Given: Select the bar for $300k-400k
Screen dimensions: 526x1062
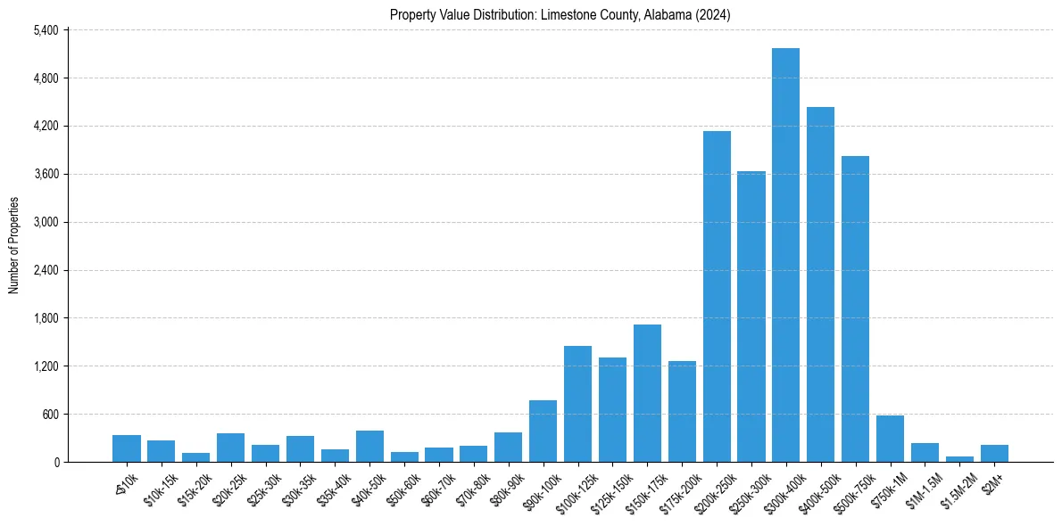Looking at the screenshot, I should [785, 255].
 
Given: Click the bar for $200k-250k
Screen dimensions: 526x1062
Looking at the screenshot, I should [717, 297].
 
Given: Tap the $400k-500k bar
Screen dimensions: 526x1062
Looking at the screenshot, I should [820, 284].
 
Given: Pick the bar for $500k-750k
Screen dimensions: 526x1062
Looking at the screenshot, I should [855, 308].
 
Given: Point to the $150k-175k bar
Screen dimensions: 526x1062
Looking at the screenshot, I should [647, 393].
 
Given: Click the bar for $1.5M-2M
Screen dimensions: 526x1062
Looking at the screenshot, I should [959, 459].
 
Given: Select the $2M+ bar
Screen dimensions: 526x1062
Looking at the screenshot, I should [994, 453].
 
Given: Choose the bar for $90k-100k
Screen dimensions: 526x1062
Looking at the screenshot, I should [543, 431].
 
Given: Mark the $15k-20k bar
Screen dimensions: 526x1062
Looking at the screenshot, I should [195, 457].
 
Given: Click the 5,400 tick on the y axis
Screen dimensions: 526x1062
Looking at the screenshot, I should [46, 30].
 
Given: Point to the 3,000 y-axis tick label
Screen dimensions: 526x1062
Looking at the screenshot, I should [46, 222].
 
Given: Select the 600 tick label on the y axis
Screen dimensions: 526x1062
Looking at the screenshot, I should [50, 415].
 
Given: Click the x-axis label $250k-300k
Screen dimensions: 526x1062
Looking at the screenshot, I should [752, 489].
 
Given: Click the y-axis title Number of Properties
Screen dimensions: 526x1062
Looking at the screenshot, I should [13, 246].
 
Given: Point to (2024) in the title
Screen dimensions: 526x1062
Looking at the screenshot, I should [714, 14].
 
